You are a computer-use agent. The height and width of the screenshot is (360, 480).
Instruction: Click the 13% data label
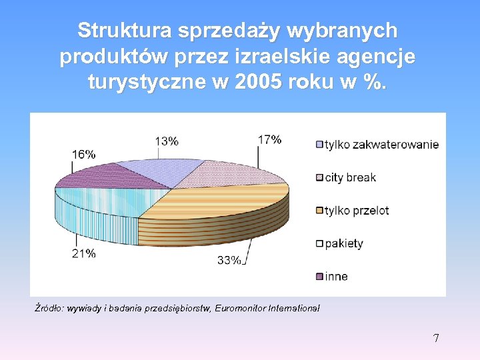tap(167, 141)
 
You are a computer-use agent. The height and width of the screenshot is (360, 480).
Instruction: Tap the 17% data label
tap(269, 139)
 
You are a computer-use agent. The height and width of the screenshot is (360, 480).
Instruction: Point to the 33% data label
tap(229, 261)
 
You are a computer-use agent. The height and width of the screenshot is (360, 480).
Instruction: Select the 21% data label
tap(84, 253)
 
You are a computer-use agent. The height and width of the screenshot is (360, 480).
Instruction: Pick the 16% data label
tap(84, 154)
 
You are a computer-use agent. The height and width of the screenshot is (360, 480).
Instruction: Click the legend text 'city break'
tap(350, 177)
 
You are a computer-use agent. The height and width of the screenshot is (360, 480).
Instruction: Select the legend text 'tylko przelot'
tap(357, 211)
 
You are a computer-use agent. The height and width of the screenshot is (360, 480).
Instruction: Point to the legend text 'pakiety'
tap(344, 243)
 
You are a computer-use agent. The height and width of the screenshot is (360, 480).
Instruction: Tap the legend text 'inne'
tap(336, 276)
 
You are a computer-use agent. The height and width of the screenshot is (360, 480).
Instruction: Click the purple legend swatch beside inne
tap(319, 277)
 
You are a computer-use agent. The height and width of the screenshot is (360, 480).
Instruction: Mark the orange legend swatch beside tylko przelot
tap(319, 211)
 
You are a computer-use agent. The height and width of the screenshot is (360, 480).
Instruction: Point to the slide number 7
tap(436, 338)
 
